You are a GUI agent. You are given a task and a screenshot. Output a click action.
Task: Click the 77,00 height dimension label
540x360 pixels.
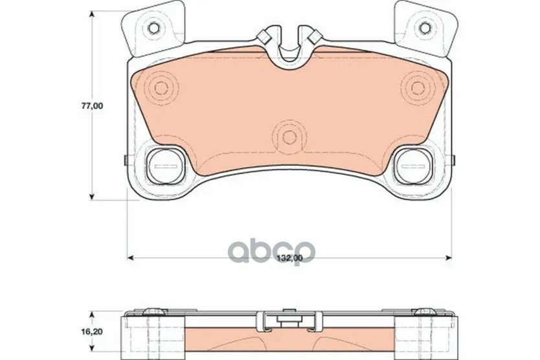(92, 106)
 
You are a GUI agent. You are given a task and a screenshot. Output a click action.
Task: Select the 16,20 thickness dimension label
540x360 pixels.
(92, 332)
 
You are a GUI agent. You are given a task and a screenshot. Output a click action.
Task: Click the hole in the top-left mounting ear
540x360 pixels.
(153, 28)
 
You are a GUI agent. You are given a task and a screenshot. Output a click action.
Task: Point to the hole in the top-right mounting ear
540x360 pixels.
(425, 28)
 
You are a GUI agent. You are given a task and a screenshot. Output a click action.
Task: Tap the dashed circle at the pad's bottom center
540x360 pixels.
(289, 137)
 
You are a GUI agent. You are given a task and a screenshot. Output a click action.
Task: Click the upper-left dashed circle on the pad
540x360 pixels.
(161, 88)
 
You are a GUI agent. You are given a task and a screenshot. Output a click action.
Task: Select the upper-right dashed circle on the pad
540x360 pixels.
(418, 88)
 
